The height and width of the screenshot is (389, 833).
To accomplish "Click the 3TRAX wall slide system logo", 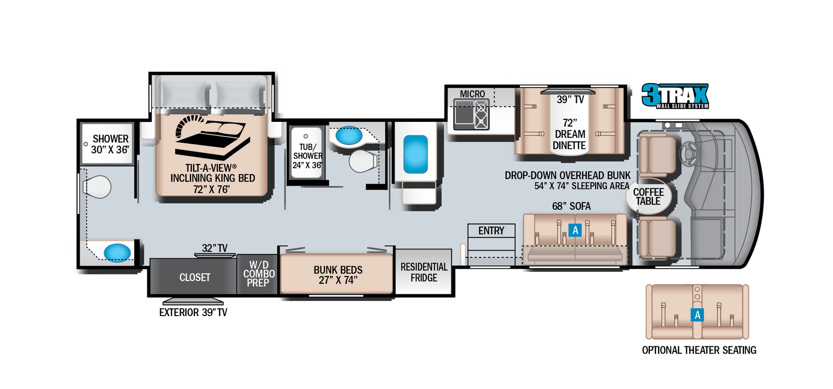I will point(675,96).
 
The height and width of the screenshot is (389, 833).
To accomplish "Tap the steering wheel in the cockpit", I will point(689,152).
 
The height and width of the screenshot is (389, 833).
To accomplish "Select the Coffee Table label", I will point(648,196).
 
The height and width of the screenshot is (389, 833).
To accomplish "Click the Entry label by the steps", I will point(491,231).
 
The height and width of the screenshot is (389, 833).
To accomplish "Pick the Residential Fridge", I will point(424,272).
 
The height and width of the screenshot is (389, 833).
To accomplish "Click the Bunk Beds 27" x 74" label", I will point(338,275).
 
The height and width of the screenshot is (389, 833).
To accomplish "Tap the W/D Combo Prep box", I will point(258,274).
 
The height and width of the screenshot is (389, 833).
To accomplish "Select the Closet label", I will point(195,278).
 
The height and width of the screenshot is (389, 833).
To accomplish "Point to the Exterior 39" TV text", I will point(193,312).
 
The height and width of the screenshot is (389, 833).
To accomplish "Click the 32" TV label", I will point(214,248).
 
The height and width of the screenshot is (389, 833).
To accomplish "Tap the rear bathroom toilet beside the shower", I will point(98,186).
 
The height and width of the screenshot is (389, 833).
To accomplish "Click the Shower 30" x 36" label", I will point(110,144).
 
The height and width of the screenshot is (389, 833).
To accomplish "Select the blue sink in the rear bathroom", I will point(117,252).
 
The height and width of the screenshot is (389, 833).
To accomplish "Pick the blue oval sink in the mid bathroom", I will point(348,136).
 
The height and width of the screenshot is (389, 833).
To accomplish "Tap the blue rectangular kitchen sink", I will point(415,154).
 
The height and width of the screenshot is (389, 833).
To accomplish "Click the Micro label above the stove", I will point(472,94).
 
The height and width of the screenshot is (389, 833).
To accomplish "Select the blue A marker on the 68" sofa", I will point(575,230).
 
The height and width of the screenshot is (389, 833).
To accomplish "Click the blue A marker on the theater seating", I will point(697,315).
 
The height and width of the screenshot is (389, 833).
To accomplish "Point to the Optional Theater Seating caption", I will point(699,350).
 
